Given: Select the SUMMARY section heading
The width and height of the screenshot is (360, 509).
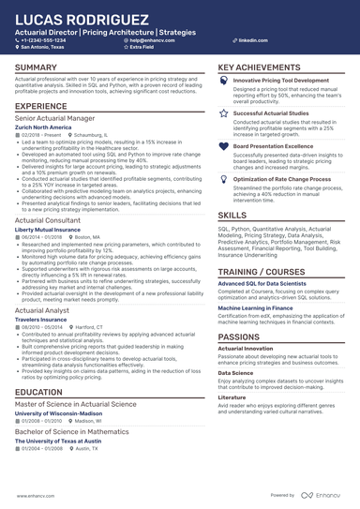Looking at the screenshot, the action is tap(37, 68).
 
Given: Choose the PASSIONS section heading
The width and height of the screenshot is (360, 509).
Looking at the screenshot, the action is tap(240, 337).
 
